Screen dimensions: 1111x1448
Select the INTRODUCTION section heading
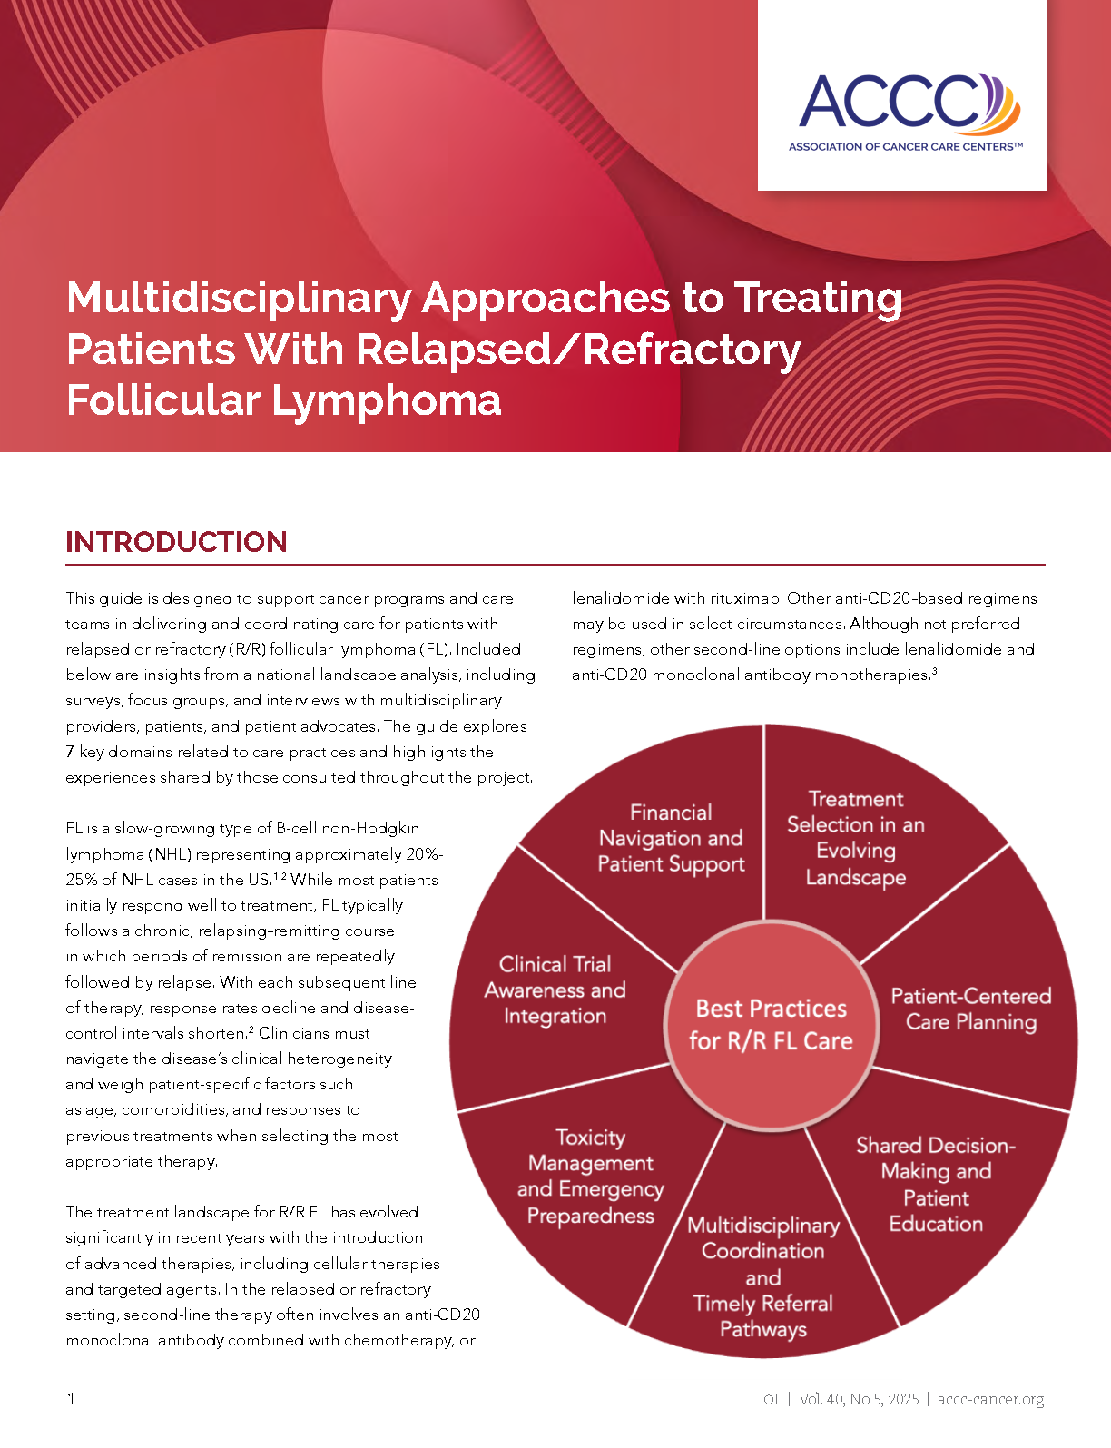[x=176, y=542]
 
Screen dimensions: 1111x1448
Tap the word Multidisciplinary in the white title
[x=239, y=300]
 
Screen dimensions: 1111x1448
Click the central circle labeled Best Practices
[x=772, y=1025]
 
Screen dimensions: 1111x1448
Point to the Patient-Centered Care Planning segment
[x=971, y=1009]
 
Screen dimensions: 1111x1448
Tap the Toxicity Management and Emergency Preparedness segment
[x=591, y=1177]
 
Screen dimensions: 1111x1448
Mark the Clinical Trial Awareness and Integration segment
[x=555, y=990]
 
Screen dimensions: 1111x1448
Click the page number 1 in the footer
[x=72, y=1399]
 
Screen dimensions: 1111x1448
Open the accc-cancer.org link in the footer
[x=990, y=1399]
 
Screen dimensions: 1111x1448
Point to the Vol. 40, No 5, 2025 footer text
[x=859, y=1399]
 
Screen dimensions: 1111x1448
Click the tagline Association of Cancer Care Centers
[x=906, y=146]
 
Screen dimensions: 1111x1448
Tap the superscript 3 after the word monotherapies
[x=935, y=671]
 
